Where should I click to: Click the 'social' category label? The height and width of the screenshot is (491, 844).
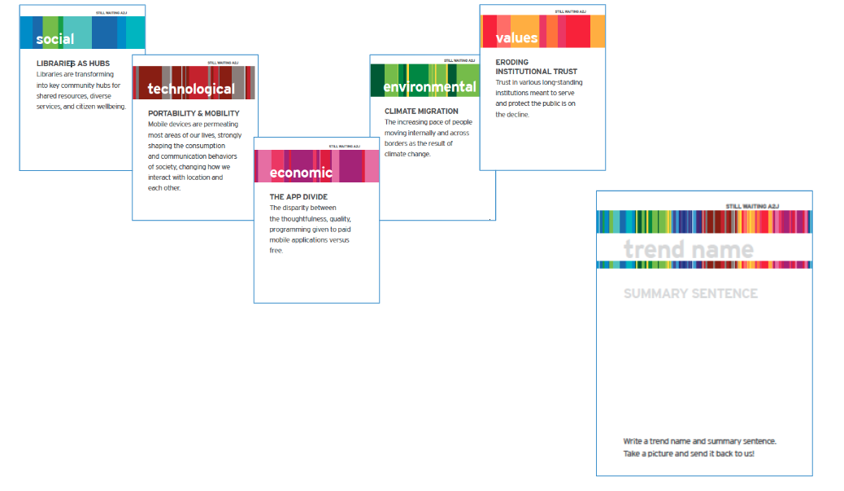(54, 38)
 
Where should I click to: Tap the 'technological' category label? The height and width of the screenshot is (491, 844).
(191, 89)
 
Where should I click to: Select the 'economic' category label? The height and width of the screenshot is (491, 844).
(301, 172)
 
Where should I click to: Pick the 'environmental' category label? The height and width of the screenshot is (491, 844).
(429, 86)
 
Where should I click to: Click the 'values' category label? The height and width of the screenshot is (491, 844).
(516, 37)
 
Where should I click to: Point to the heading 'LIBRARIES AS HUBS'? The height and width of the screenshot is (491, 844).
(73, 63)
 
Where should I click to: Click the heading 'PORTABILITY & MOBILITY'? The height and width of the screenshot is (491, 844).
(194, 113)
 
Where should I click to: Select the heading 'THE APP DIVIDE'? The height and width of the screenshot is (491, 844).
(298, 197)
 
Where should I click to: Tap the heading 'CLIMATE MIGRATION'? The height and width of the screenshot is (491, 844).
(421, 111)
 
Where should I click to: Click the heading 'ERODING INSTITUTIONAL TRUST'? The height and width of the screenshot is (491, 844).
(536, 67)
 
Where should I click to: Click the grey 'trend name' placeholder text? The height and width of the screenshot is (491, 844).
(688, 249)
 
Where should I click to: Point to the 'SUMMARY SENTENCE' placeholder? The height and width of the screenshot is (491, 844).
(690, 293)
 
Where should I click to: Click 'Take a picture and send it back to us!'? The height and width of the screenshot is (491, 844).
(689, 454)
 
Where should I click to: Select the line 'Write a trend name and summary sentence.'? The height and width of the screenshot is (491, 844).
(699, 441)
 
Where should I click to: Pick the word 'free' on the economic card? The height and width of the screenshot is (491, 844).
(276, 251)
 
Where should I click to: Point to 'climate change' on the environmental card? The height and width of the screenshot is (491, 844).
(407, 154)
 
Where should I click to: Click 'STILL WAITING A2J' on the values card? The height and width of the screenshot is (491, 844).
(571, 11)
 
